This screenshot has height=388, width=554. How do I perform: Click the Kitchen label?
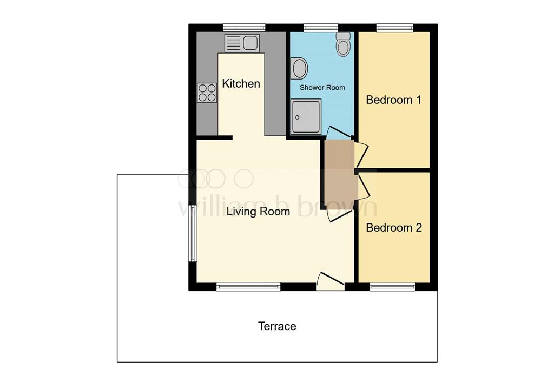coord(241,84)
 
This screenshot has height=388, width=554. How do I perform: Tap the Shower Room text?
coord(322,87)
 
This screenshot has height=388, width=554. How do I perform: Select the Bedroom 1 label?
coord(393,100)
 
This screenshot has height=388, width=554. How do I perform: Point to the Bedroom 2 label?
coord(393,228)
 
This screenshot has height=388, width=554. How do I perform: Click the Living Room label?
coord(258,212)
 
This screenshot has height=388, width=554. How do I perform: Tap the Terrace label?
coord(277,326)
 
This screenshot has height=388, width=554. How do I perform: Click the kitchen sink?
coord(242,43)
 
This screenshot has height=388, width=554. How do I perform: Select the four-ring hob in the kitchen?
coord(207,93)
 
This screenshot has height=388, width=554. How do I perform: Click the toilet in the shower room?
coord(343,44)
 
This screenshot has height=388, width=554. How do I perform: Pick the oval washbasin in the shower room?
coord(299,69)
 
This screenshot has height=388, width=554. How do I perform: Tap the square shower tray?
coord(306,116)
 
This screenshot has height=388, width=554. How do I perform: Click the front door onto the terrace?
coord(330,280)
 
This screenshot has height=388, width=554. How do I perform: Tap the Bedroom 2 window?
coord(392,287)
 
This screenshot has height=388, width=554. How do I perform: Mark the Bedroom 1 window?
coord(395,27)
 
